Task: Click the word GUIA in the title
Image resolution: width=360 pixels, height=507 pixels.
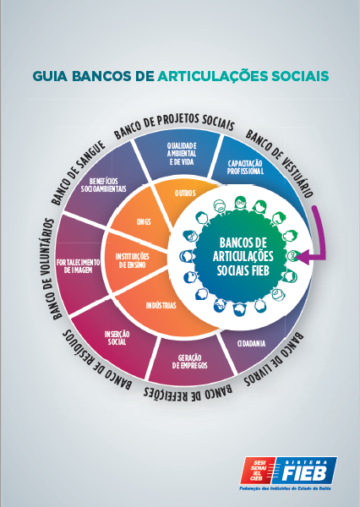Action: click(x=50, y=76)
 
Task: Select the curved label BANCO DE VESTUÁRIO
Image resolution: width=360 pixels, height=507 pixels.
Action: click(x=280, y=163)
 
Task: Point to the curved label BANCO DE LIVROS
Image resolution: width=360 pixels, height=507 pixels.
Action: click(x=274, y=360)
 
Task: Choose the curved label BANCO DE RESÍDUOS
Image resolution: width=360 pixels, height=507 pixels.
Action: click(x=97, y=360)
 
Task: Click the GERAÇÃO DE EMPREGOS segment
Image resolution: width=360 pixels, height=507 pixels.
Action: click(x=190, y=362)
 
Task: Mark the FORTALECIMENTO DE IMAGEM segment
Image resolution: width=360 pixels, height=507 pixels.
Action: click(x=79, y=266)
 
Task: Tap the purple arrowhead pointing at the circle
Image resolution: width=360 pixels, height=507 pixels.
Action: click(x=302, y=257)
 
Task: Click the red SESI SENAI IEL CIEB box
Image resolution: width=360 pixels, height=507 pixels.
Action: click(x=258, y=470)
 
